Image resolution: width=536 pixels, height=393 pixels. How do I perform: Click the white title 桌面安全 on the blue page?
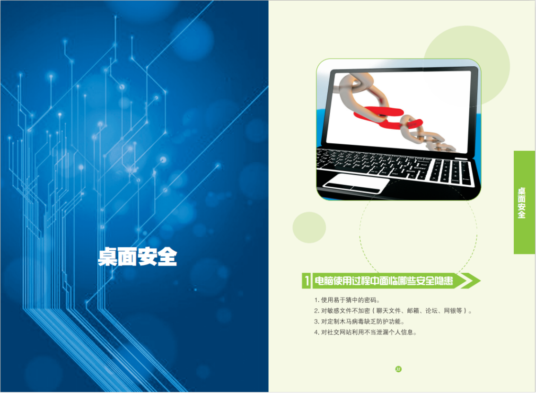[137, 257]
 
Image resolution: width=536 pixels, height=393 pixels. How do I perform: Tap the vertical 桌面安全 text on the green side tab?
[522, 203]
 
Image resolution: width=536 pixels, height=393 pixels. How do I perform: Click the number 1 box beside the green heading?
[306, 280]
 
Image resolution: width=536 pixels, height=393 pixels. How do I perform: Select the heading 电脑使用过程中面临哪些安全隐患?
[384, 280]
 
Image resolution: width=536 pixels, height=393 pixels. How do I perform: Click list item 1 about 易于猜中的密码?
[347, 300]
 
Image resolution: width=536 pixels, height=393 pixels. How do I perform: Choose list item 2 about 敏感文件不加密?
[393, 311]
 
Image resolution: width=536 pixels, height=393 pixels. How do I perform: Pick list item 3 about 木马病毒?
[359, 322]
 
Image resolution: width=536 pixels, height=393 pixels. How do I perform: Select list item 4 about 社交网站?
[365, 332]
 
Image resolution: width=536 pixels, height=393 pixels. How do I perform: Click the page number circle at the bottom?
[398, 369]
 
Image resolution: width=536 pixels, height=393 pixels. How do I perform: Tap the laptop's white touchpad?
[355, 183]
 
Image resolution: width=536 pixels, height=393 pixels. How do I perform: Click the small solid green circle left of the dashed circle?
[309, 227]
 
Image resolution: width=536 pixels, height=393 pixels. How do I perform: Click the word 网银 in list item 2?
[450, 311]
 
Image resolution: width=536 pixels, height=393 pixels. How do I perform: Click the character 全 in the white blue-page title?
[167, 257]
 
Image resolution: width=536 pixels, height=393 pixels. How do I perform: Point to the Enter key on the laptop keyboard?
[419, 168]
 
